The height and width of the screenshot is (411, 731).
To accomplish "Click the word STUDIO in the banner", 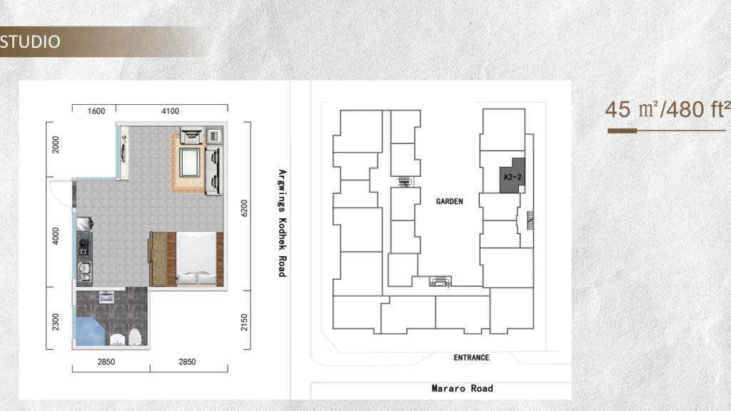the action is click(x=30, y=41).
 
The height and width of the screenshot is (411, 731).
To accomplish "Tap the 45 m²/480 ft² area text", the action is click(x=667, y=109).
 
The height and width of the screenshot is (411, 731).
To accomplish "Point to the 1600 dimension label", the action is click(x=96, y=111).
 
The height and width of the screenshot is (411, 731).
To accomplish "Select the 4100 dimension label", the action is click(x=170, y=111).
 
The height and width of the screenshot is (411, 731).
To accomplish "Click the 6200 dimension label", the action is click(x=244, y=208).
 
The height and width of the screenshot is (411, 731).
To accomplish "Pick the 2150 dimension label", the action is click(x=244, y=322).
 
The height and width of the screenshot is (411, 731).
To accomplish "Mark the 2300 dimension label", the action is click(x=56, y=322).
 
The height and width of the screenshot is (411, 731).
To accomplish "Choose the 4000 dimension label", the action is click(x=56, y=235).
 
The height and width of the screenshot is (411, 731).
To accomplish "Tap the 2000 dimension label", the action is click(x=56, y=144).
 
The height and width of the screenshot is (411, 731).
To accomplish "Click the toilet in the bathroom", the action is click(x=135, y=337).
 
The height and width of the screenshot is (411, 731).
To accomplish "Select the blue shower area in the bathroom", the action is click(x=91, y=331).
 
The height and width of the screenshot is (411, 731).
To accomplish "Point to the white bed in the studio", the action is click(x=196, y=258).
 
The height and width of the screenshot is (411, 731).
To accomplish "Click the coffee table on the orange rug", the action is click(x=190, y=162).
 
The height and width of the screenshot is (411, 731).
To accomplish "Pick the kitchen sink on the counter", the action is click(x=84, y=268).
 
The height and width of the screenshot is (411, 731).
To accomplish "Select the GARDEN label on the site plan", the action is click(x=450, y=201).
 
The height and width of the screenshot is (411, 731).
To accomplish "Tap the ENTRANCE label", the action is click(x=471, y=357).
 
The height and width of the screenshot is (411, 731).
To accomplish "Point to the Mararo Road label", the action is click(x=462, y=388).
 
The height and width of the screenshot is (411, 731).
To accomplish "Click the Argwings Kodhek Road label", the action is click(x=282, y=223).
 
